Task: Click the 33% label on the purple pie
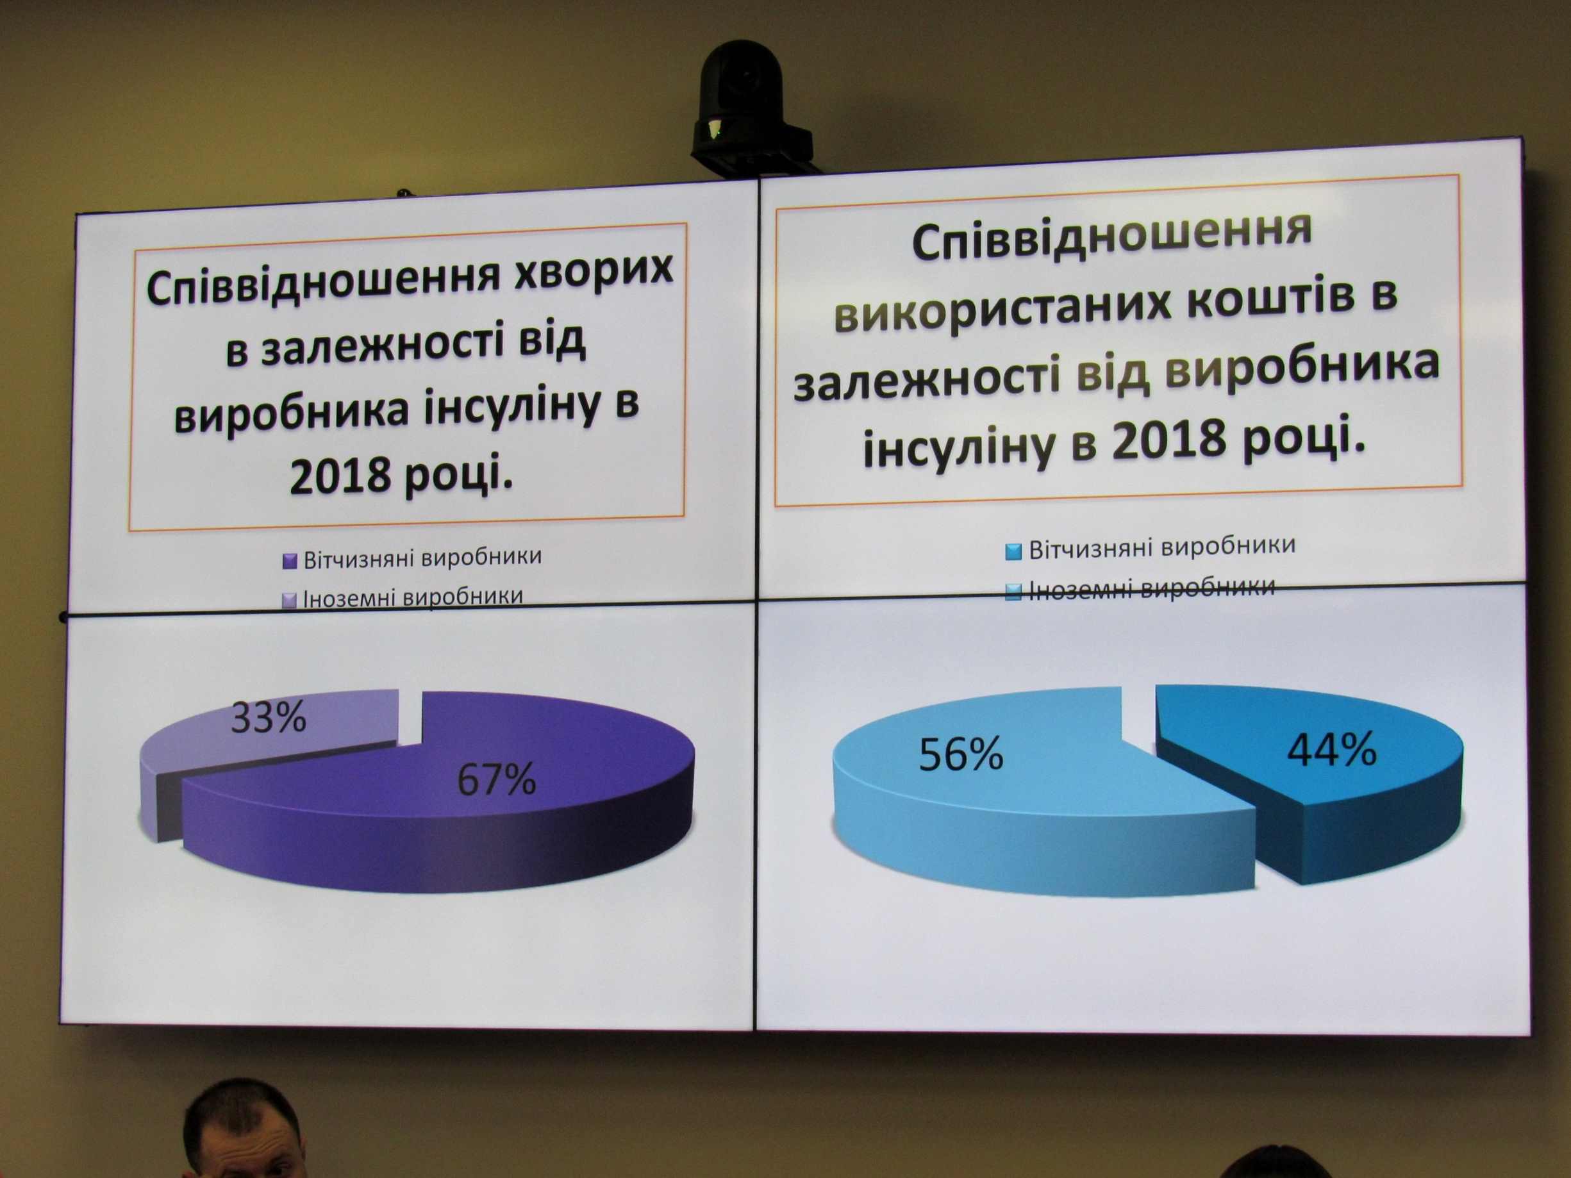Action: (x=269, y=717)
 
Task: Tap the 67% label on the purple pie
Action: (x=497, y=779)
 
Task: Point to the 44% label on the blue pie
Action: (x=1333, y=749)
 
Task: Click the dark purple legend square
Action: (x=289, y=561)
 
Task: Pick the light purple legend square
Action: (x=289, y=601)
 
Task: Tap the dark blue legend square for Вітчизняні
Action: (x=1014, y=551)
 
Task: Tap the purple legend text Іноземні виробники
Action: (x=413, y=598)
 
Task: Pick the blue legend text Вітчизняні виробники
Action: (x=1162, y=547)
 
